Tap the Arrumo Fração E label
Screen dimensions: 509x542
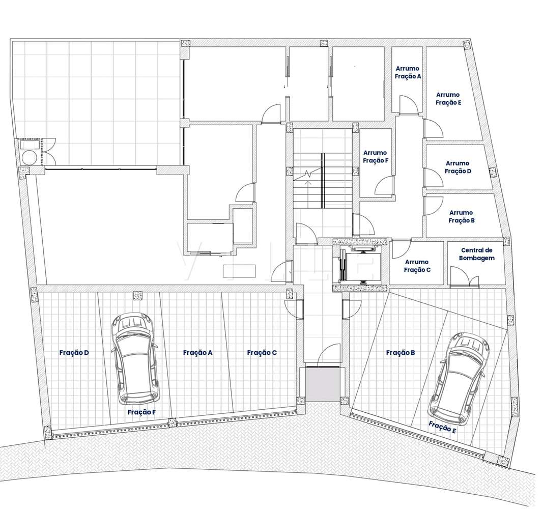[x=448, y=99]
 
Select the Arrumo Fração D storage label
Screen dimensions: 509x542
[x=458, y=167]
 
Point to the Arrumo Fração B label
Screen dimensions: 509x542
[x=461, y=217]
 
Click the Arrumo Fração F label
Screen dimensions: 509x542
[x=375, y=156]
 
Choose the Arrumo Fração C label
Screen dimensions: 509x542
[x=417, y=266]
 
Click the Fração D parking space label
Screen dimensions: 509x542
[x=74, y=352]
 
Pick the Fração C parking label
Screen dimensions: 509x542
[x=262, y=352]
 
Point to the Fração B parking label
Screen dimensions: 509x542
[x=401, y=352]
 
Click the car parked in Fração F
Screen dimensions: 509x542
[x=135, y=356]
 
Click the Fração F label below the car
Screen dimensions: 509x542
[x=141, y=412]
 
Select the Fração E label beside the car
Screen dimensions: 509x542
[x=442, y=427]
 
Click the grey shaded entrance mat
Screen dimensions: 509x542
[x=322, y=384]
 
